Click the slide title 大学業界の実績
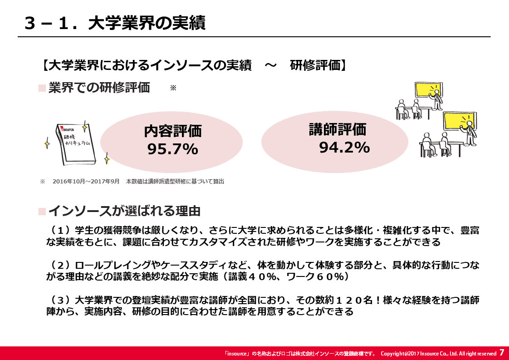coord(147,23)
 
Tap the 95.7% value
coord(172,149)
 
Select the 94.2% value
coord(344,148)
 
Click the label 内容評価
coord(173,131)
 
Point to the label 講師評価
coord(338,129)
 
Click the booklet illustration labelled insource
coord(76,143)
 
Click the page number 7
coord(502,353)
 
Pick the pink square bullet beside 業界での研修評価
coord(42,88)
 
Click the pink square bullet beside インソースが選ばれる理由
coord(42,212)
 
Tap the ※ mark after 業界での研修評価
coord(173,88)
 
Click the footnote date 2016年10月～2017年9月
coord(86,181)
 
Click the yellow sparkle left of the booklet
coord(47,143)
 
